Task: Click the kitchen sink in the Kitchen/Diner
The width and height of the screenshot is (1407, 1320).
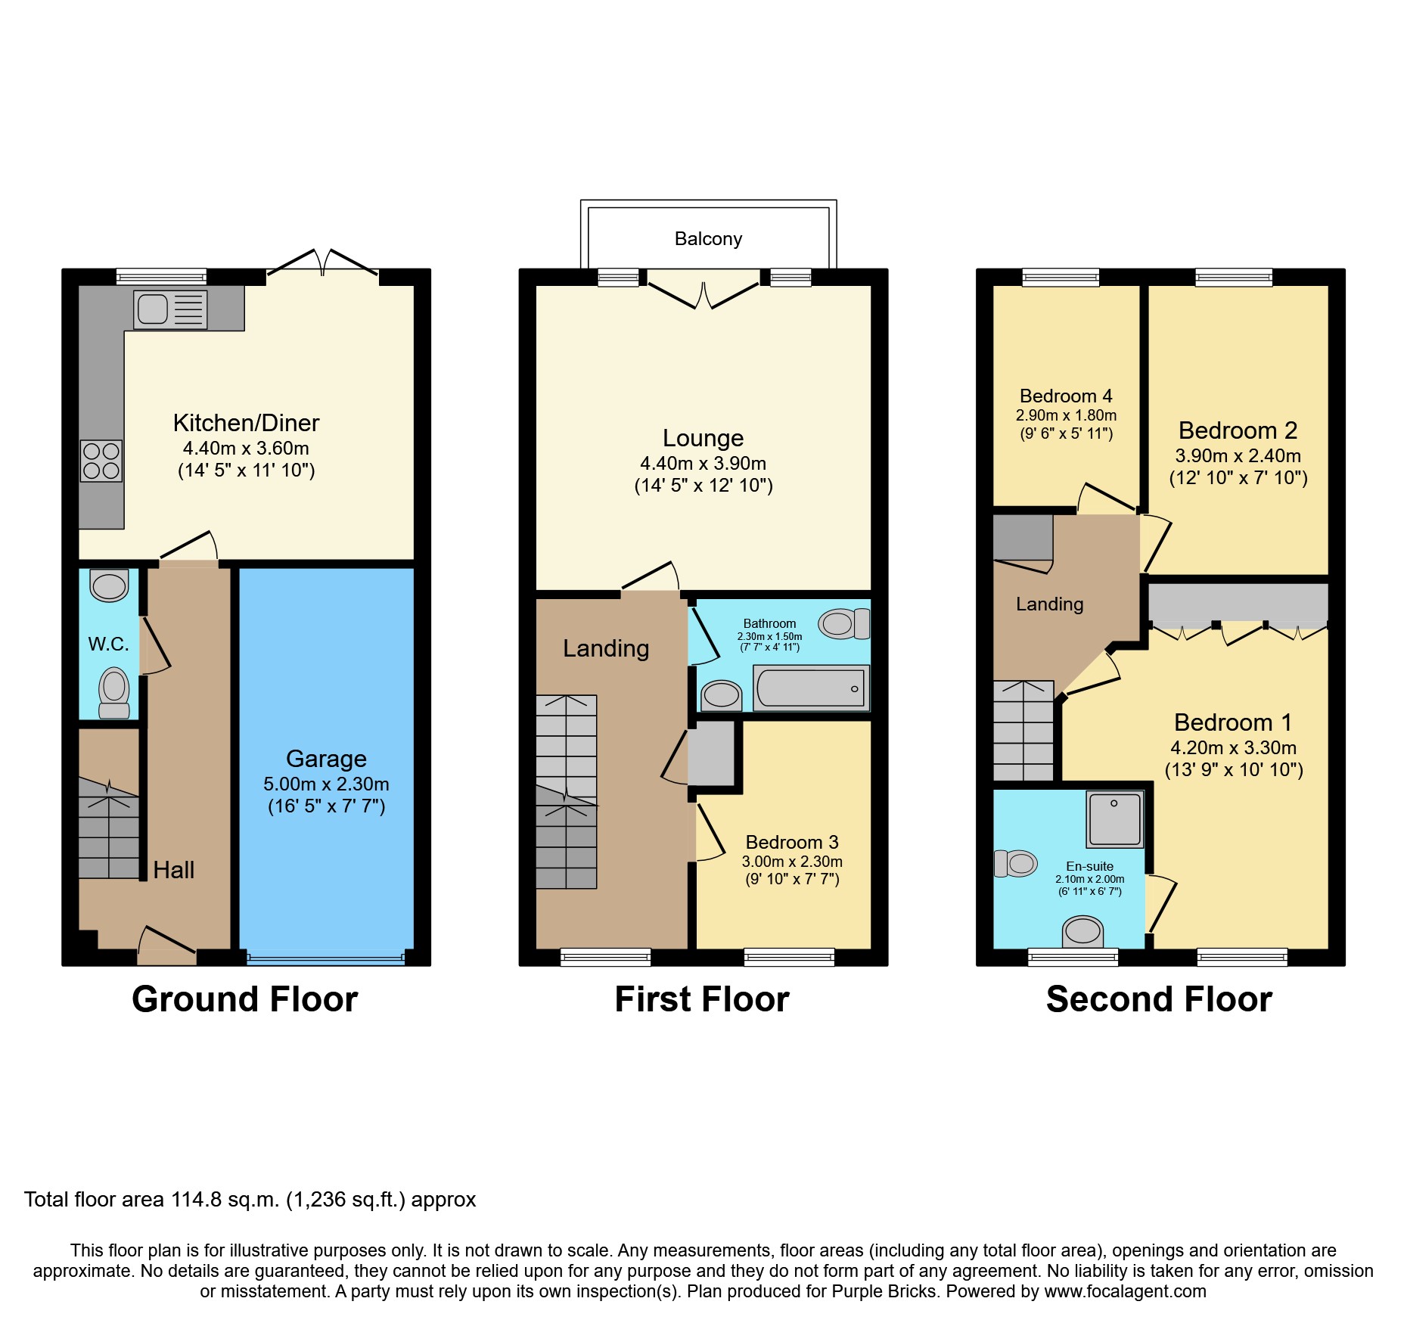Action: [170, 309]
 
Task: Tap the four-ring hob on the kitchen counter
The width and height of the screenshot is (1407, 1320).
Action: [101, 461]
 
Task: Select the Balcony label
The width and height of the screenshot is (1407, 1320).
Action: [708, 239]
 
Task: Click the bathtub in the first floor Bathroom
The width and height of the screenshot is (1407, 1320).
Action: [811, 688]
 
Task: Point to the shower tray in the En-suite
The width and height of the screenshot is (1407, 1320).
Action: [1114, 819]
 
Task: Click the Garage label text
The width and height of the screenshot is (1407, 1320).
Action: [326, 759]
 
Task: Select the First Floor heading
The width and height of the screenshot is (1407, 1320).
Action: [701, 999]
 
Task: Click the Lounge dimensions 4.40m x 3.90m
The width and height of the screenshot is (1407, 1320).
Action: [703, 464]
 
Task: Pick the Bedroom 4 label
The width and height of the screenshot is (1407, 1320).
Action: [1065, 396]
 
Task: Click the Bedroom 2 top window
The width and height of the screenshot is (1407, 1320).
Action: [1234, 278]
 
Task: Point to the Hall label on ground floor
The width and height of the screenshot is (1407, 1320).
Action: [173, 870]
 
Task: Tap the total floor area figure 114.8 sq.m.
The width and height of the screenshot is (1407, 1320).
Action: [225, 1200]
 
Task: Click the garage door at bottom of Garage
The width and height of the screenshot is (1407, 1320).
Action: [325, 959]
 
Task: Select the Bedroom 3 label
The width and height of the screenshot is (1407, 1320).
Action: [791, 843]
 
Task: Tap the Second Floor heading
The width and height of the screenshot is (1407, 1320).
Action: [1159, 999]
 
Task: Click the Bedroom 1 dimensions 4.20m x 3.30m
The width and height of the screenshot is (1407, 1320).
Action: [1233, 748]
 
